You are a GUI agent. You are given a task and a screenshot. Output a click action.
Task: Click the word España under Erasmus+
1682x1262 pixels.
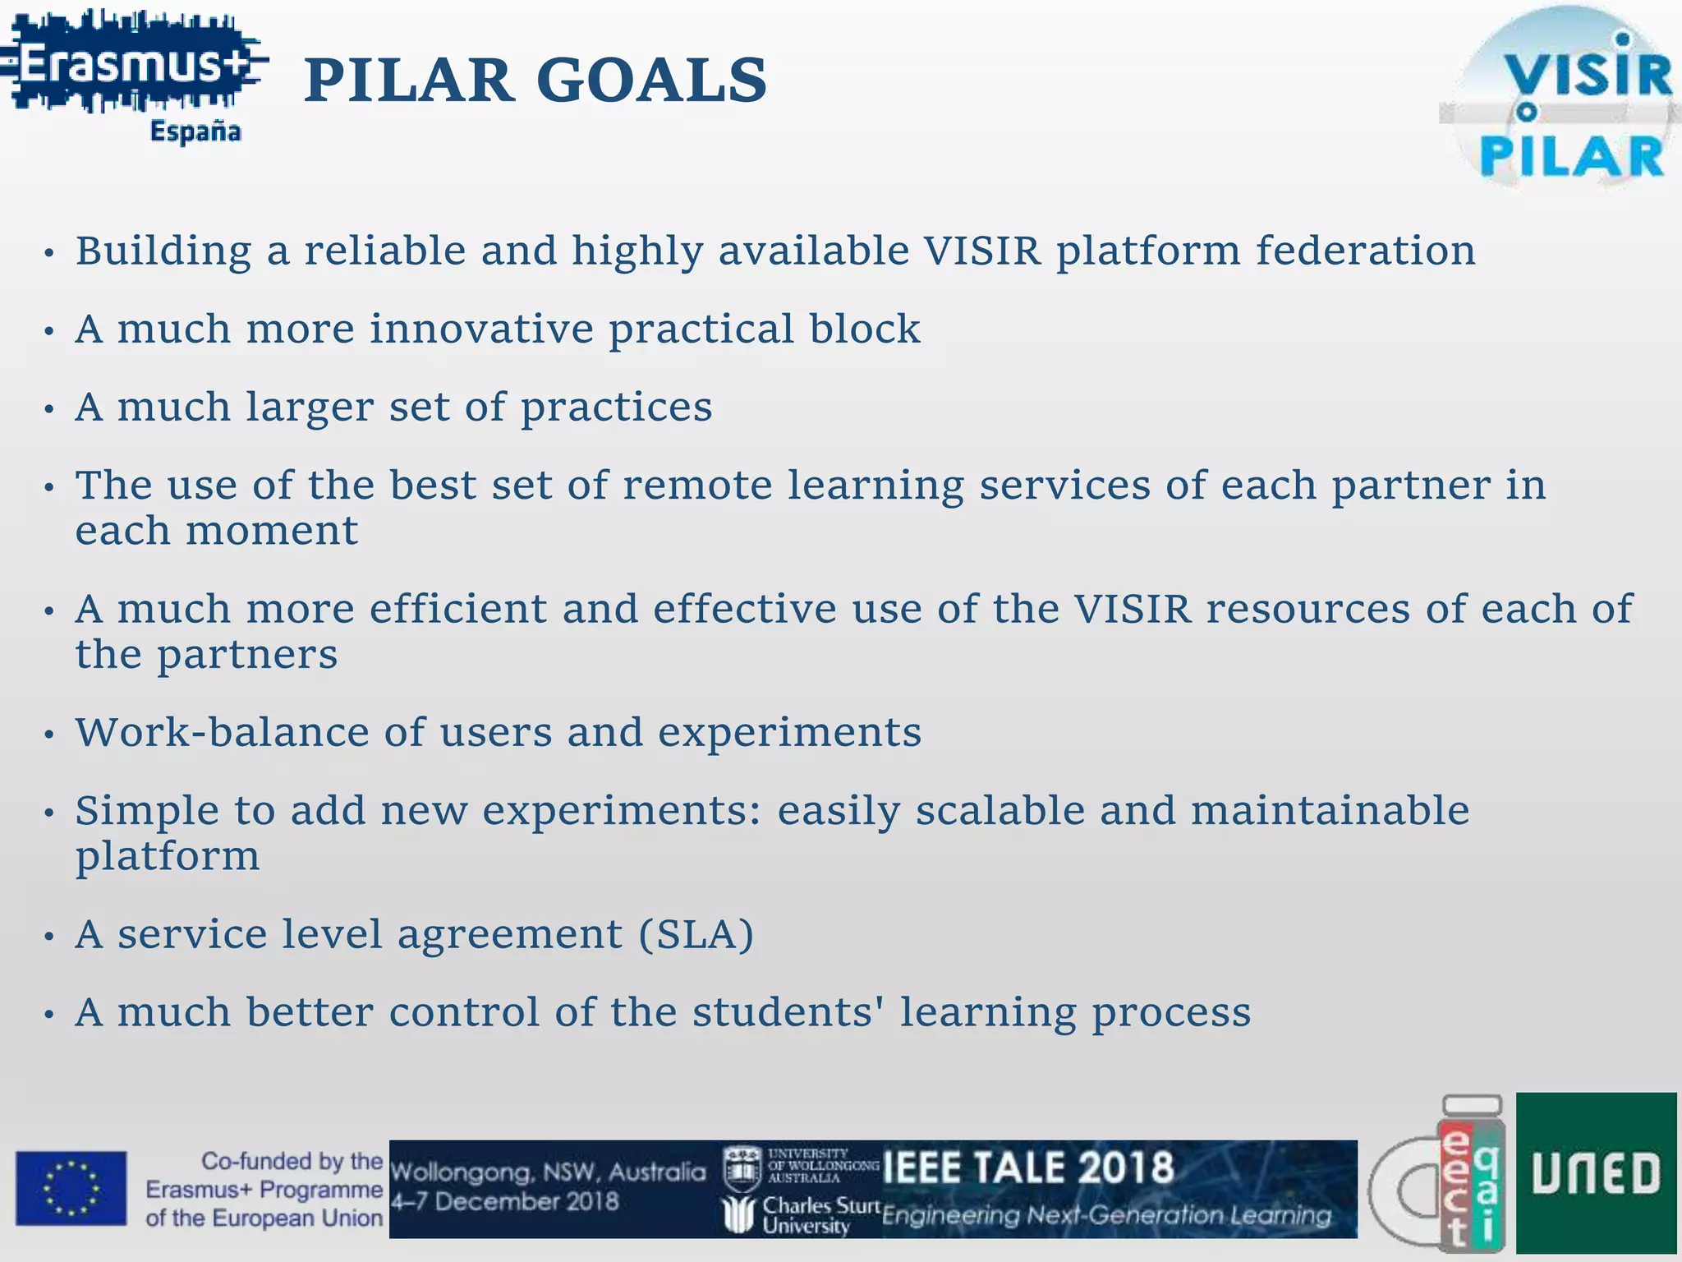[195, 131]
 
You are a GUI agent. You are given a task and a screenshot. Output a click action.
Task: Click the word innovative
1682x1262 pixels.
[481, 329]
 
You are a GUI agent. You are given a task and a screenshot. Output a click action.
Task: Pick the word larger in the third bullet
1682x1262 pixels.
[309, 408]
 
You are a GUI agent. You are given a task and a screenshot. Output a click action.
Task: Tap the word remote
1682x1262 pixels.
[697, 485]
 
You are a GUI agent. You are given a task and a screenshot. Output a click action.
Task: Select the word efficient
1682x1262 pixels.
[458, 609]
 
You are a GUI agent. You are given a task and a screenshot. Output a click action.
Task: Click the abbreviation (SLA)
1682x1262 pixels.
[696, 934]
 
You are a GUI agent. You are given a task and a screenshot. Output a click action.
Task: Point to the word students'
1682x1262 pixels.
[788, 1011]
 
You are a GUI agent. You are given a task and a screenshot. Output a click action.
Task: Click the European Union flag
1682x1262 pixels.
[71, 1188]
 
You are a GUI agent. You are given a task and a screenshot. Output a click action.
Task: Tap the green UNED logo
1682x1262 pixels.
[1595, 1173]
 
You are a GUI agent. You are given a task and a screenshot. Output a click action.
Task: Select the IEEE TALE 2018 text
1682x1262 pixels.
[1028, 1168]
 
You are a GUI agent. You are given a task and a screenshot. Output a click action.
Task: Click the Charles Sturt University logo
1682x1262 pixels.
[788, 1214]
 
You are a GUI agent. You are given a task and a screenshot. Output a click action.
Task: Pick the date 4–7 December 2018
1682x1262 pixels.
[504, 1202]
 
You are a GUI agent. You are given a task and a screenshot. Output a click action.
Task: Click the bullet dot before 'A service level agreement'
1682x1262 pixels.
[49, 937]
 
